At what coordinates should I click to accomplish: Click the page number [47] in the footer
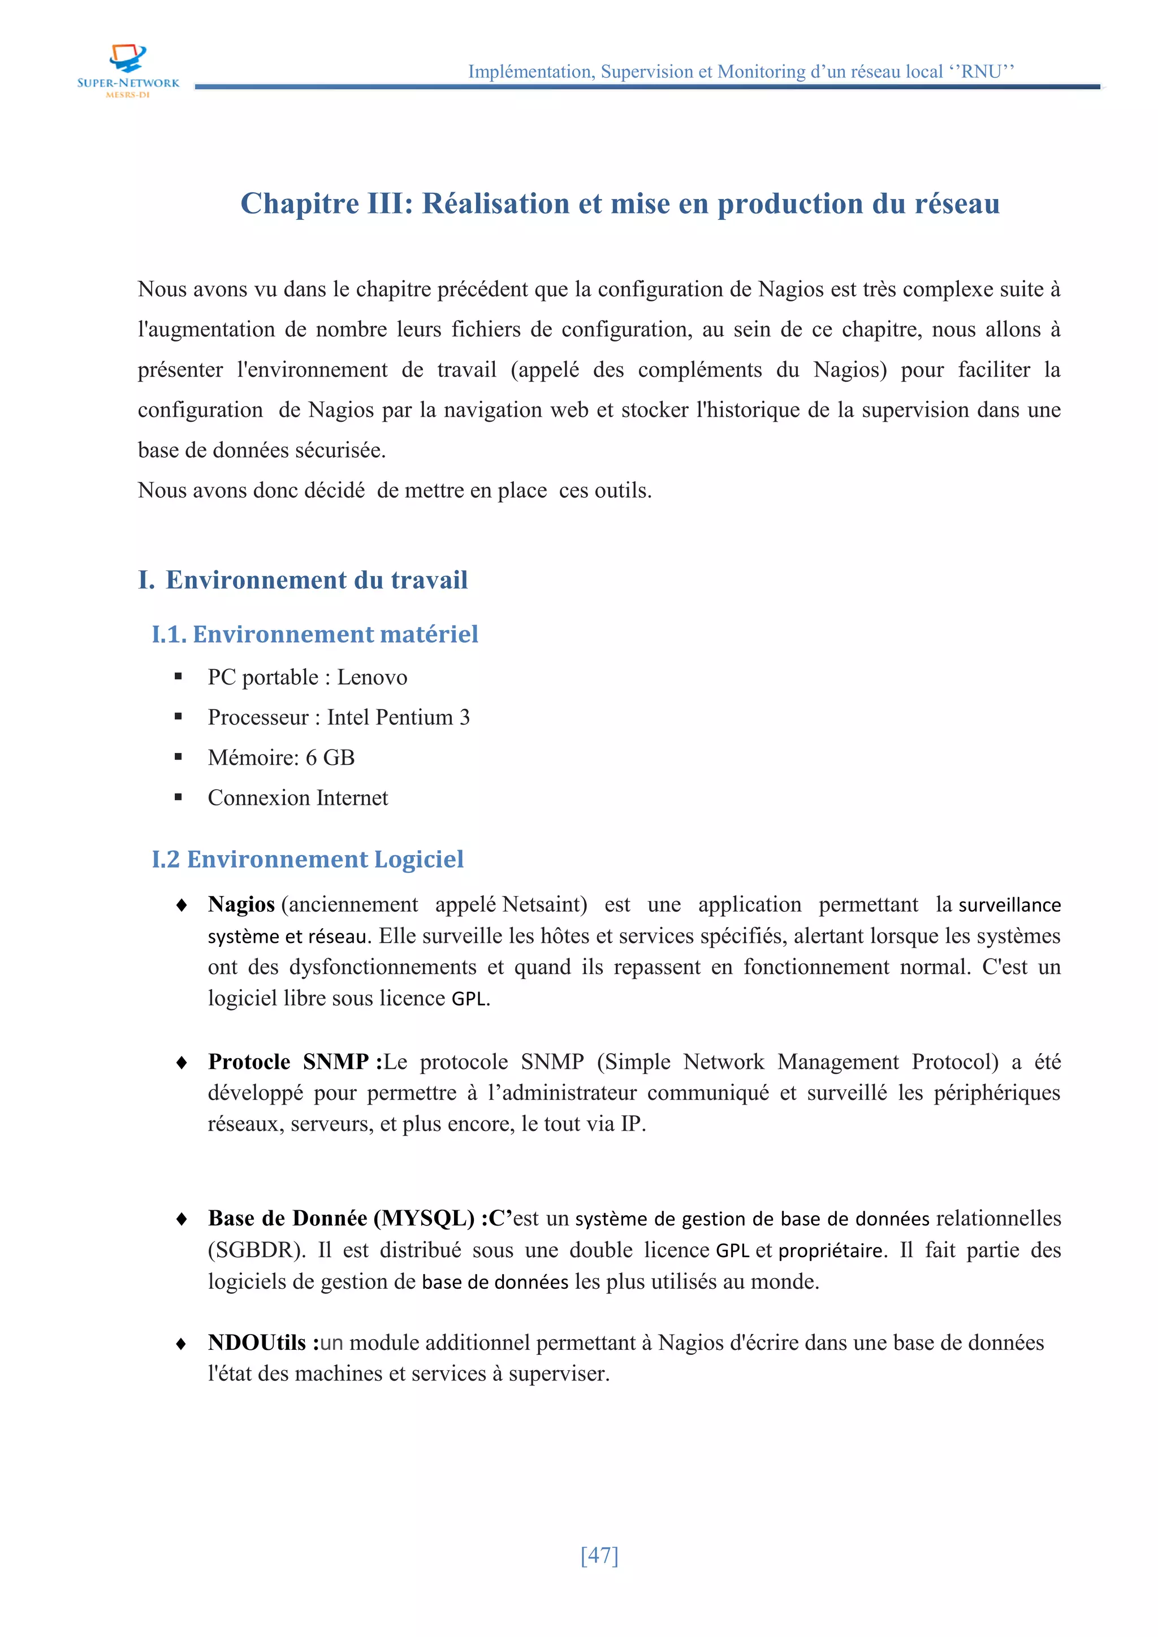(x=599, y=1554)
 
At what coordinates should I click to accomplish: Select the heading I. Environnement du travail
(x=303, y=579)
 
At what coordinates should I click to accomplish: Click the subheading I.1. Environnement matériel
(x=314, y=634)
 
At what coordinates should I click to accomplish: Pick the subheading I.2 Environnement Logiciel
(x=308, y=859)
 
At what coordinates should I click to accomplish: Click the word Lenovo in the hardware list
(x=371, y=677)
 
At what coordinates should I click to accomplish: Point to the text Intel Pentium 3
(x=398, y=717)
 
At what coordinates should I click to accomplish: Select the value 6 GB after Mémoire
(x=330, y=757)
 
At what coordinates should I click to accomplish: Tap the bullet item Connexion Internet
(x=297, y=798)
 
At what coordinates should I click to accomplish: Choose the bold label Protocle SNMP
(x=288, y=1062)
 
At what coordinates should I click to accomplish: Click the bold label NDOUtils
(x=257, y=1342)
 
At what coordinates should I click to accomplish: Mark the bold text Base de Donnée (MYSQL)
(x=341, y=1219)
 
